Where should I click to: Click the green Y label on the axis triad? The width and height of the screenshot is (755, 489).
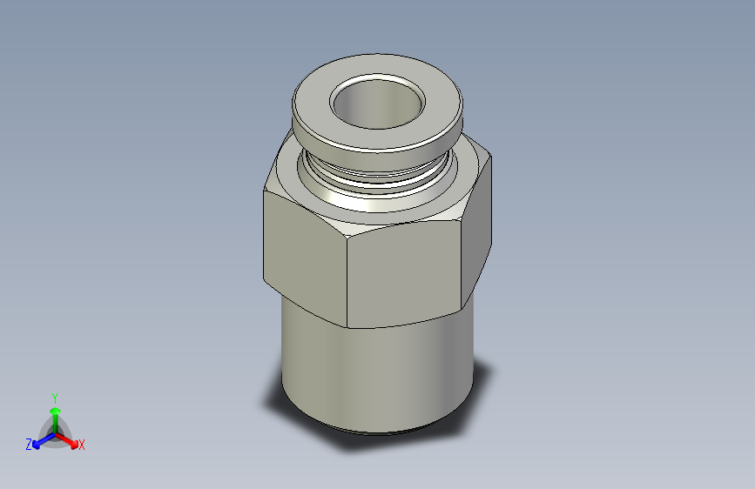click(55, 399)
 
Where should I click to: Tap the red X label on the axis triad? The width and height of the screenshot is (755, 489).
click(81, 445)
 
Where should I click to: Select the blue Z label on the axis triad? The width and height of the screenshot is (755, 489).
click(29, 445)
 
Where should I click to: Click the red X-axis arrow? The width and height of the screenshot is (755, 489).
click(66, 440)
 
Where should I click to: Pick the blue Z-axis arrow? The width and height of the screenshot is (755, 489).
click(44, 440)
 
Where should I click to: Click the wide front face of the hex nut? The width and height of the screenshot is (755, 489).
click(403, 274)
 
